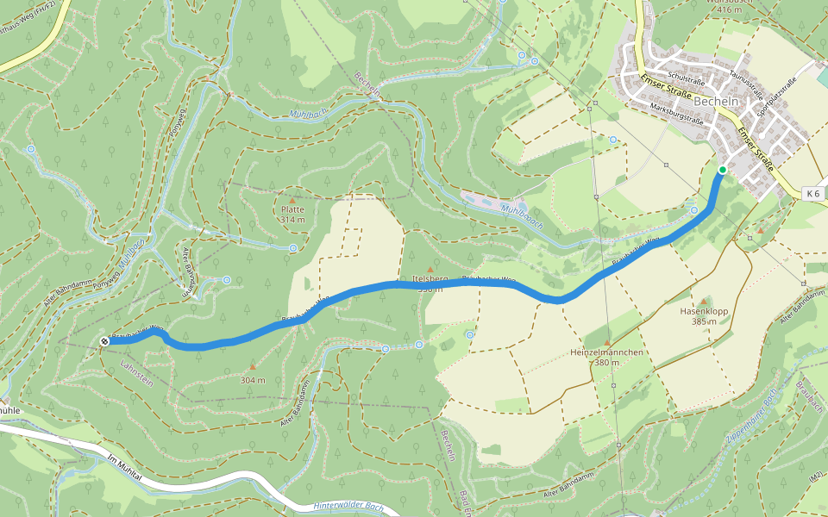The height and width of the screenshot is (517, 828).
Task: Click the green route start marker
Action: click(x=722, y=170)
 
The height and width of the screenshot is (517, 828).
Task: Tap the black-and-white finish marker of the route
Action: click(x=104, y=341)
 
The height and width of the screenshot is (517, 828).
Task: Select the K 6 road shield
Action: click(x=811, y=193)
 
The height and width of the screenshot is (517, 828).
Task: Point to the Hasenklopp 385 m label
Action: click(x=699, y=315)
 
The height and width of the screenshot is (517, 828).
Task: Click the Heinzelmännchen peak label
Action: click(x=607, y=357)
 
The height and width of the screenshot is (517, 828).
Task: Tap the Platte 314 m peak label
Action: click(x=292, y=214)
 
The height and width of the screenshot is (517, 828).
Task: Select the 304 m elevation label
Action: click(x=253, y=380)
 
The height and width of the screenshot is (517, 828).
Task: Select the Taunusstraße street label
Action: click(x=748, y=82)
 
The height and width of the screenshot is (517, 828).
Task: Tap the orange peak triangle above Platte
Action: click(x=292, y=200)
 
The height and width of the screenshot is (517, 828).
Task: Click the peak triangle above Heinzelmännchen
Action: click(x=607, y=343)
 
